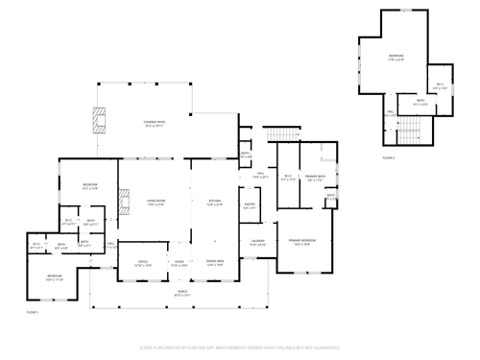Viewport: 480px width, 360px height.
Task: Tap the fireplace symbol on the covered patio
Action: [x=99, y=118]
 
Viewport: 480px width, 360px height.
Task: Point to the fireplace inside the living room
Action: [x=122, y=204]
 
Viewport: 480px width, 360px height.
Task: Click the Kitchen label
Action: [x=215, y=203]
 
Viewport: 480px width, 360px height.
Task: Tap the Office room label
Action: [x=141, y=262]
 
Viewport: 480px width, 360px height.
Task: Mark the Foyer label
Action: [x=179, y=262]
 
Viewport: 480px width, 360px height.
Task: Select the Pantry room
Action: [x=249, y=205]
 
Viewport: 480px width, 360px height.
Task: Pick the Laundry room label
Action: [x=257, y=242]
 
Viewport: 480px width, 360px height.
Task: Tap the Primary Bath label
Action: [x=317, y=178]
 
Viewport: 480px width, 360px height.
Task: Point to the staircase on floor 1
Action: [x=278, y=133]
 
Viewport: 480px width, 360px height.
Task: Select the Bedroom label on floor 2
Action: [x=396, y=57]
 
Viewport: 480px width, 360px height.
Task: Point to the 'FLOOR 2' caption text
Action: [x=388, y=156]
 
